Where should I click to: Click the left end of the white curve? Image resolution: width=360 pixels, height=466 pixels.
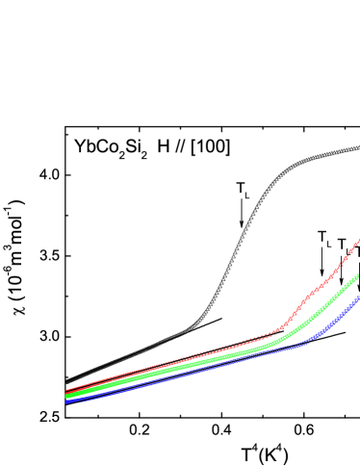(65, 381)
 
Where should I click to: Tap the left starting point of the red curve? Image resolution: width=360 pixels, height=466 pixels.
(65, 391)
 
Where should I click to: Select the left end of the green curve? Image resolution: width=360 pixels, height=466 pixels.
(65, 396)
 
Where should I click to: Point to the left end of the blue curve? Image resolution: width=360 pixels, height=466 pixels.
(65, 401)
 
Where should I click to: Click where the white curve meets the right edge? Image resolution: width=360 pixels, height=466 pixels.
(358, 148)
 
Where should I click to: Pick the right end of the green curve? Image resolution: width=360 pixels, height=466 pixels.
(358, 276)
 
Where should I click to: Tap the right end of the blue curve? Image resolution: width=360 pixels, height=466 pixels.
(358, 298)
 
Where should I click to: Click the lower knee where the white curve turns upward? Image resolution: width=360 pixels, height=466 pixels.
(193, 326)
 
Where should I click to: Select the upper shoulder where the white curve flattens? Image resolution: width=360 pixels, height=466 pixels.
(289, 168)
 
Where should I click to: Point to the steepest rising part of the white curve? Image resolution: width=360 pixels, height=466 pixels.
(236, 250)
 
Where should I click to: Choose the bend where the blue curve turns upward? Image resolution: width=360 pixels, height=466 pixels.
(310, 339)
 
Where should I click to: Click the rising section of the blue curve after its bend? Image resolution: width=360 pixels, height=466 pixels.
(337, 318)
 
